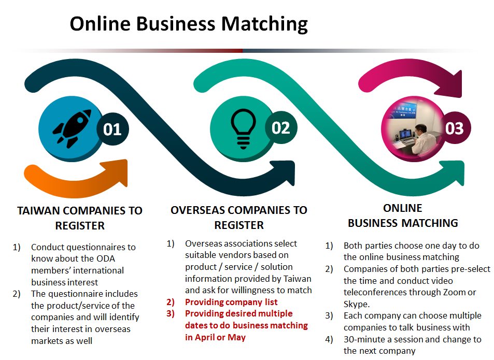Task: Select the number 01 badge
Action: tap(112, 129)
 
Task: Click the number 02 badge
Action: tap(281, 127)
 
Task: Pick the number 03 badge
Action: tap(454, 128)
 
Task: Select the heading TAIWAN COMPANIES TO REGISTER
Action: tap(80, 218)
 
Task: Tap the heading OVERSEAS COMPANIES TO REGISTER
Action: tap(238, 218)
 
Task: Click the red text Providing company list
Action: tap(231, 302)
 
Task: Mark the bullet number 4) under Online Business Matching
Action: tap(330, 340)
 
